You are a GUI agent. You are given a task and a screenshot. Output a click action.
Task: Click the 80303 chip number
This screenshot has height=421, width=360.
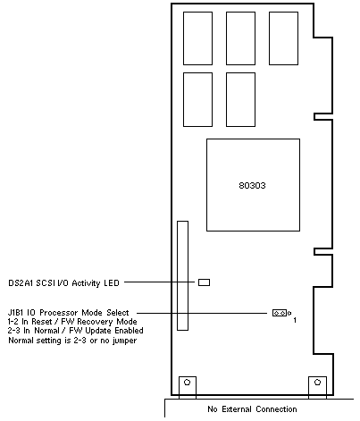252,186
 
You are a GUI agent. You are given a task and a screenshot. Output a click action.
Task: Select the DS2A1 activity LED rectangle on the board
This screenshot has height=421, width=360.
204,282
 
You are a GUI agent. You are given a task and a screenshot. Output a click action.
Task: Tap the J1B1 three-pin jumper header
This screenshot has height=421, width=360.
280,313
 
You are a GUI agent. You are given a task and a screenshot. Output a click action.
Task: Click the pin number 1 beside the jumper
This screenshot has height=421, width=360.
295,321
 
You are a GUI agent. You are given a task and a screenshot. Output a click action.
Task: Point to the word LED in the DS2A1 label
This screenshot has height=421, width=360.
112,282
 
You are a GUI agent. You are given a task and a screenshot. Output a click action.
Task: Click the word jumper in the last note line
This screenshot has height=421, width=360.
124,341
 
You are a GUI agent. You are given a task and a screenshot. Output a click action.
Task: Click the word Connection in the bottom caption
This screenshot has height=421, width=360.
276,409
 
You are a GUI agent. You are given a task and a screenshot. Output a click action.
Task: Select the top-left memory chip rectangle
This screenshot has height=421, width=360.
197,38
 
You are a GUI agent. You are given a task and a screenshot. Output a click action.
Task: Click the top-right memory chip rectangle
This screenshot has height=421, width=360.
283,38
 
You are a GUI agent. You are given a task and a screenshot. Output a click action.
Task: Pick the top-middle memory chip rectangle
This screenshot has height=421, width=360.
240,38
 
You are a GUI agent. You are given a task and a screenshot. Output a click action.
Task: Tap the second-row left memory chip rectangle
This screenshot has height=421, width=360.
197,99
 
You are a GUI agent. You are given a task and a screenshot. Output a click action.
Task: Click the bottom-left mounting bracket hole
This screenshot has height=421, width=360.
187,382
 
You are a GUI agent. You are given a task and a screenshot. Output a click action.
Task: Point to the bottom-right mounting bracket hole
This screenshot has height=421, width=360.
317,382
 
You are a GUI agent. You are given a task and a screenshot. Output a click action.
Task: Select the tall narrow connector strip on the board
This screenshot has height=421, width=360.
182,275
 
